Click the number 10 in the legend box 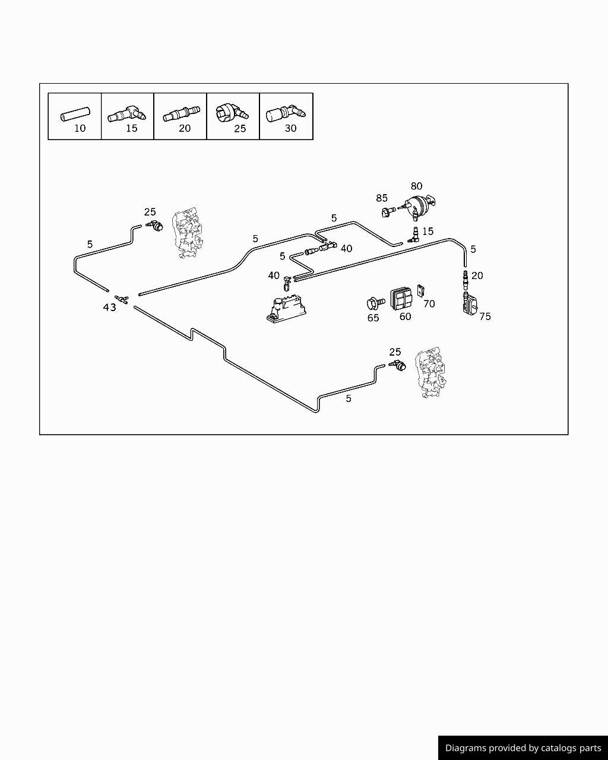click(80, 128)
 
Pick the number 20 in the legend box click(185, 128)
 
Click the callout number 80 click(416, 186)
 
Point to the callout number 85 click(381, 198)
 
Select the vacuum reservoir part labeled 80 click(422, 205)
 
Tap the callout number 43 click(109, 308)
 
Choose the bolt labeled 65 click(374, 303)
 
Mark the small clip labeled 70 click(420, 290)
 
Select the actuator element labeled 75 click(470, 303)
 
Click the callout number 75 click(485, 317)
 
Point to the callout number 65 click(373, 318)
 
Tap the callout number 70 click(429, 304)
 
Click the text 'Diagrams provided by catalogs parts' click(522, 748)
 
